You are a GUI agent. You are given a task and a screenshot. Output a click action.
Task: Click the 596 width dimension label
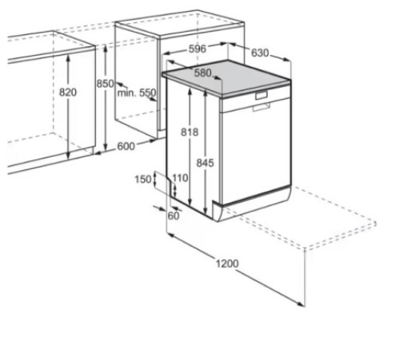[x=198, y=49]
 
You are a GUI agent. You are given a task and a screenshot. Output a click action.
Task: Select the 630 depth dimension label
[x=260, y=53]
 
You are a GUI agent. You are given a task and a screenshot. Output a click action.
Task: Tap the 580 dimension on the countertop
[x=202, y=73]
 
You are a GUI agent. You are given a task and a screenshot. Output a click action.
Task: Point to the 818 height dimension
[x=190, y=132]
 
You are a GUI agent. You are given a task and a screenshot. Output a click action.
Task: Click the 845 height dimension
[x=205, y=162]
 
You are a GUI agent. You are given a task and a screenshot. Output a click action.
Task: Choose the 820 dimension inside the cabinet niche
[x=68, y=92]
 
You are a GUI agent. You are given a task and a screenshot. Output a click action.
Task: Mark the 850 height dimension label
[x=105, y=84]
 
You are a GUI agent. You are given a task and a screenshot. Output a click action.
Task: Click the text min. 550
[x=137, y=93]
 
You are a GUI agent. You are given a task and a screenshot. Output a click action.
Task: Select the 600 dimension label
[x=126, y=146]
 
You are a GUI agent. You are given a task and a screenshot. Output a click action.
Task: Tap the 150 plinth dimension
[x=143, y=179]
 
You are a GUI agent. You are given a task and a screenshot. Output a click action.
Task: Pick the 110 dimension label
[x=180, y=178]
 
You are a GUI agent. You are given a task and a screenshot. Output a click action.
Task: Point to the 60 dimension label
[x=174, y=216]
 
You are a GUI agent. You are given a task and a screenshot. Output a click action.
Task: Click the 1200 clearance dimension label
[x=227, y=263]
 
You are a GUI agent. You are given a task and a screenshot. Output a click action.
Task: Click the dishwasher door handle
[x=262, y=107]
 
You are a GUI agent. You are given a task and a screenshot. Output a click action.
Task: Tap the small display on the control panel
[x=262, y=95]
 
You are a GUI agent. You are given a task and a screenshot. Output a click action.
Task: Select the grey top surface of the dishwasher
[x=226, y=78]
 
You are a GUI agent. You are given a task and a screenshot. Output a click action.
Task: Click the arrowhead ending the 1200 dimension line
[x=302, y=304]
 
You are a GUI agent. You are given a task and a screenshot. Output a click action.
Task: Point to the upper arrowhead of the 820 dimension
[x=68, y=57]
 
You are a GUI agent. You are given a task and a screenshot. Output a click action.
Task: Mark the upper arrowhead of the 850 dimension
[x=106, y=48]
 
